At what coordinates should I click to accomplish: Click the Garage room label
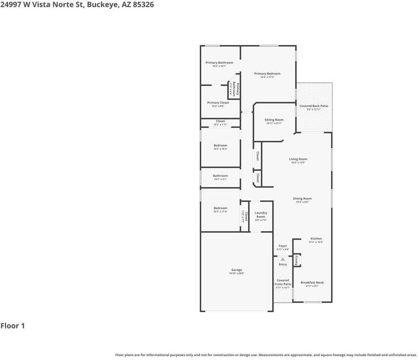pos(237,270)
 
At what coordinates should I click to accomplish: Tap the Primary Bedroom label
pos(267,74)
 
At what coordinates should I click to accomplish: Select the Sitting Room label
pos(274,120)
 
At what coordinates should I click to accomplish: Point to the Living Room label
pos(298,159)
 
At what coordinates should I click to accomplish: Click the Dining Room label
pos(302,199)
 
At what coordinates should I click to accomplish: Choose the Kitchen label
pos(316,238)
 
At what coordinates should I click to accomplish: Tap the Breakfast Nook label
pos(312,282)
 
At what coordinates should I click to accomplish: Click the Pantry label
pos(296,260)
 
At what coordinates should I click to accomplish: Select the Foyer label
pos(283,246)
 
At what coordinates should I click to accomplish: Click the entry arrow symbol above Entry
pos(283,258)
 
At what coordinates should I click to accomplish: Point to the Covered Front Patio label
pos(283,282)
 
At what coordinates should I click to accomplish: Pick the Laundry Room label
pos(261,215)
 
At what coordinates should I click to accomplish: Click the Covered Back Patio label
pos(313,106)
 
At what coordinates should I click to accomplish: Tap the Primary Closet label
pos(218,103)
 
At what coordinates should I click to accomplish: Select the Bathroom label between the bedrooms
pos(220,176)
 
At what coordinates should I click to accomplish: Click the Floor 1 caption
pos(13,326)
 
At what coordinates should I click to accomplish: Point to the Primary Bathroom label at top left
pos(219,63)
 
